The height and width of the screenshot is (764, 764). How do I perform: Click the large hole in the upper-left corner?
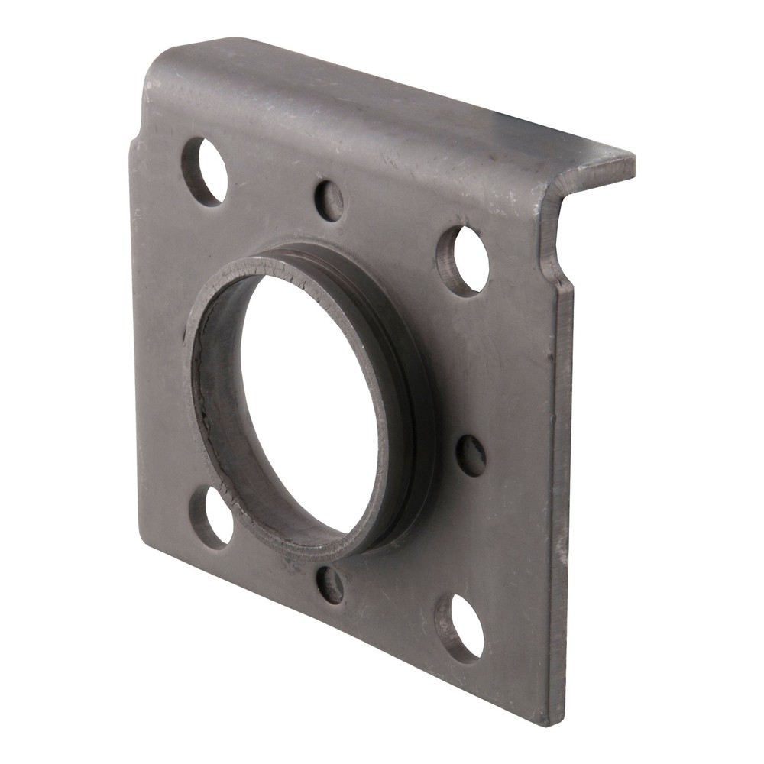(204, 172)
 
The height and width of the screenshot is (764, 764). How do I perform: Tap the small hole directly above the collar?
(329, 200)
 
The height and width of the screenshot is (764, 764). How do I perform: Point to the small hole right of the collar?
(471, 455)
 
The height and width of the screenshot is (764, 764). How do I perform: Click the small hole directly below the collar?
(330, 585)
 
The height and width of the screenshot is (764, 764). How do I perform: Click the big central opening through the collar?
(309, 405)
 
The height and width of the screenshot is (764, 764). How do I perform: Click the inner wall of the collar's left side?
(218, 397)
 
